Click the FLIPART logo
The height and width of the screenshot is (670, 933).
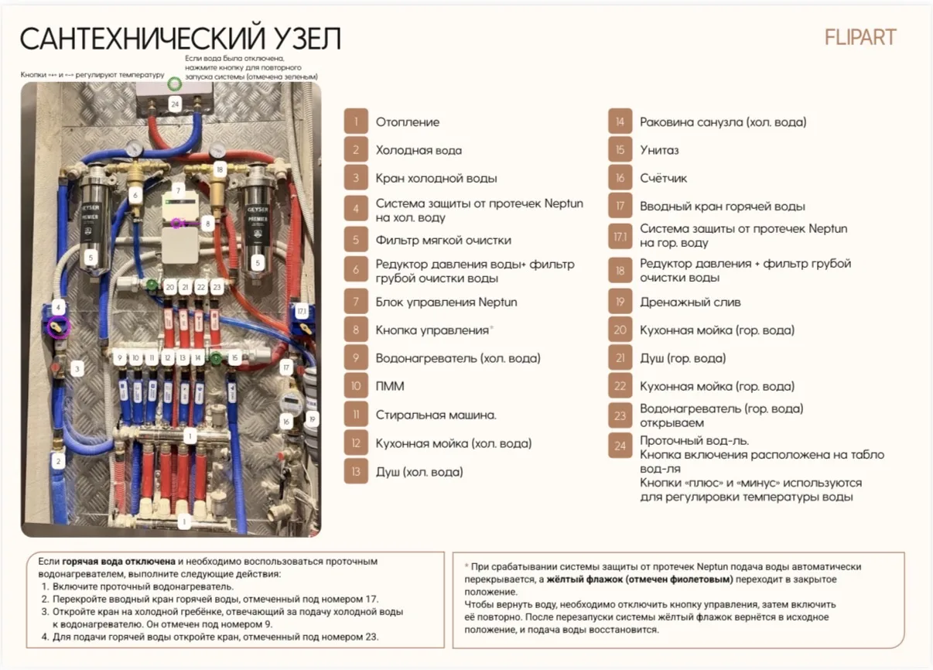coord(860,37)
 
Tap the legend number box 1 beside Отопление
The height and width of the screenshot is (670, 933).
coord(356,121)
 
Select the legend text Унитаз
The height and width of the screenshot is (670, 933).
coord(659,150)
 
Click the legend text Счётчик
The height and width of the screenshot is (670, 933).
coord(664,178)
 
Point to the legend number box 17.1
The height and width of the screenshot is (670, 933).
coord(620,236)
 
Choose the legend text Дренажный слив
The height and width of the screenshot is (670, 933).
coord(690,302)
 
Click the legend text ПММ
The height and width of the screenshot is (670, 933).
coord(390,386)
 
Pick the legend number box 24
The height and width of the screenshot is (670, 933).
coord(620,446)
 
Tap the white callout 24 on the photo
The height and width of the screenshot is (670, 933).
coord(175,104)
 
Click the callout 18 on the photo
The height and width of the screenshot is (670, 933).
coord(220,169)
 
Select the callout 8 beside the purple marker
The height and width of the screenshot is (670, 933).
coord(208,224)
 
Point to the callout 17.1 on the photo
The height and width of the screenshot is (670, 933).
coord(301,311)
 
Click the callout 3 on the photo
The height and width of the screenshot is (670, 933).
coord(77,369)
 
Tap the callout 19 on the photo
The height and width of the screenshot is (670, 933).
coord(313,419)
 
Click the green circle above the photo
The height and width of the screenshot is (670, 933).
coord(175,84)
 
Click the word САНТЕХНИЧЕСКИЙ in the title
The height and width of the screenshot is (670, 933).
coord(142,39)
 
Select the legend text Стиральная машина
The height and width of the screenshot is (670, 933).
coord(436,415)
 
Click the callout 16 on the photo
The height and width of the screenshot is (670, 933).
coord(286,422)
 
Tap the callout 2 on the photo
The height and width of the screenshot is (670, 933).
coord(58,461)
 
